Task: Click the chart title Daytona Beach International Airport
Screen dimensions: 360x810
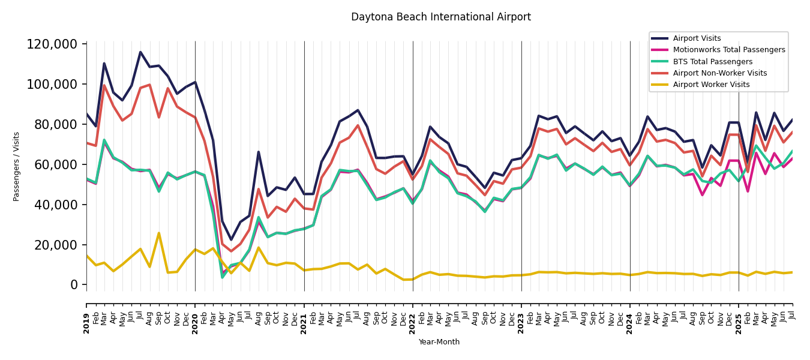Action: [440, 17]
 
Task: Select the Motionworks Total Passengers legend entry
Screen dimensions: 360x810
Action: [728, 50]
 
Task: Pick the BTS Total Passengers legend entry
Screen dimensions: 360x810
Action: [712, 62]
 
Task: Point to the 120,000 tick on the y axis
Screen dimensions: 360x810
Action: [52, 44]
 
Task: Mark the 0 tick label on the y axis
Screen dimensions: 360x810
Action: [74, 285]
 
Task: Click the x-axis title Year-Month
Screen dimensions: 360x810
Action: [439, 342]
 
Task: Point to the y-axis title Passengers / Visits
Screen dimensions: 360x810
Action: [17, 166]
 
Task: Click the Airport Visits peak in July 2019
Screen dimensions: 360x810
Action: [140, 52]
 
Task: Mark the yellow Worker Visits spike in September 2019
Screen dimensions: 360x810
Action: [159, 233]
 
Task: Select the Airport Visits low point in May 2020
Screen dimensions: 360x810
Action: [231, 240]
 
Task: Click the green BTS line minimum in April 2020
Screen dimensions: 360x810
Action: [222, 277]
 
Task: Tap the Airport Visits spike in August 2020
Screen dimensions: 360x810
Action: [259, 152]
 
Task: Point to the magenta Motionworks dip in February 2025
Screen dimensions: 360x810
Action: [748, 191]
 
